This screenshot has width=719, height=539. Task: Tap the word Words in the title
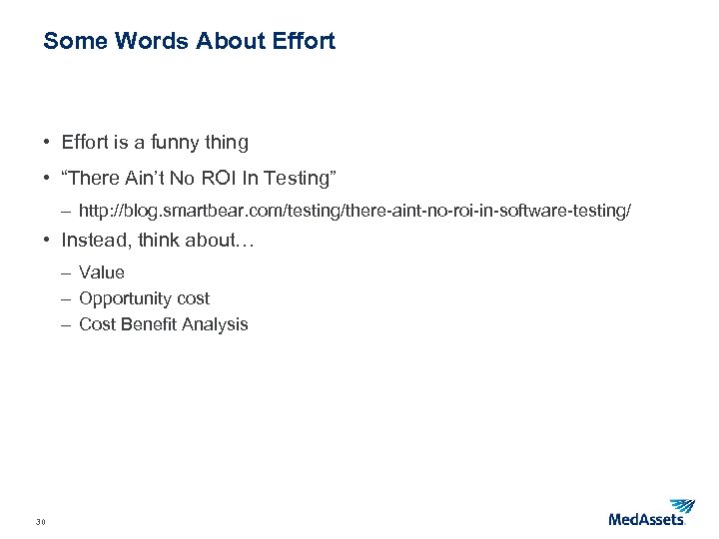click(x=149, y=42)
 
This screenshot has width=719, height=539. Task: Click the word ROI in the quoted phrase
click(x=229, y=179)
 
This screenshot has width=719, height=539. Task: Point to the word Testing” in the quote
click(x=301, y=179)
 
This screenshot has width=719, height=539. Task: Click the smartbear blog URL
click(x=355, y=212)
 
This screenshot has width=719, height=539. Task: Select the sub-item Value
click(x=102, y=272)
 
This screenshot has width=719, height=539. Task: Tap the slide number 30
click(x=41, y=521)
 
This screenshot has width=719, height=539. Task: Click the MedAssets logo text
click(x=646, y=519)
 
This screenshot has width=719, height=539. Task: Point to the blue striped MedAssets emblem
click(x=682, y=506)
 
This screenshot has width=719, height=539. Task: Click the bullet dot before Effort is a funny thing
click(x=48, y=142)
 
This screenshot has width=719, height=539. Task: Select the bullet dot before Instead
click(x=48, y=240)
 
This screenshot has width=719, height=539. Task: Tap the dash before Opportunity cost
click(x=65, y=298)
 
